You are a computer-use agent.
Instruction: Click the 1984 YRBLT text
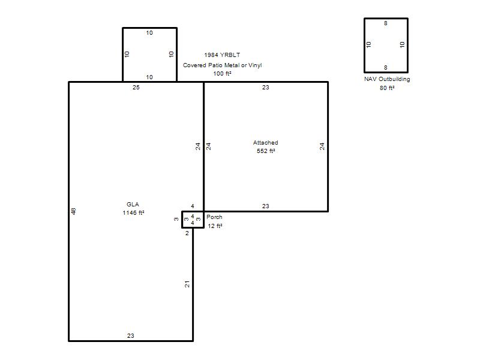pyautogui.click(x=222, y=55)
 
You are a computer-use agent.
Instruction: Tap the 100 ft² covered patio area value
pyautogui.click(x=222, y=73)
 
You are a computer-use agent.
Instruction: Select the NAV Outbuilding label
pyautogui.click(x=387, y=79)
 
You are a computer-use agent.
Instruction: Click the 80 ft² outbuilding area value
pyautogui.click(x=387, y=88)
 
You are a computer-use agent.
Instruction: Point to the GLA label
pyautogui.click(x=133, y=204)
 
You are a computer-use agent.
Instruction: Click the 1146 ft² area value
pyautogui.click(x=133, y=213)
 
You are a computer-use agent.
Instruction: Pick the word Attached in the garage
pyautogui.click(x=265, y=143)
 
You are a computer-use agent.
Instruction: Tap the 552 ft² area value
pyautogui.click(x=266, y=151)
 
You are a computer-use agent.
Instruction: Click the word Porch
pyautogui.click(x=214, y=217)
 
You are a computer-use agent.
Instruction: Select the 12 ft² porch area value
pyautogui.click(x=215, y=226)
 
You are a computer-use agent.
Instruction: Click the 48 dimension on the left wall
pyautogui.click(x=73, y=211)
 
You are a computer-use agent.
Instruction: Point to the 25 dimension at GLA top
pyautogui.click(x=136, y=88)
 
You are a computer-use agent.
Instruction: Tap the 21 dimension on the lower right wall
pyautogui.click(x=187, y=284)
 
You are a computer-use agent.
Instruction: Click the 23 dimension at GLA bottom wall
pyautogui.click(x=131, y=336)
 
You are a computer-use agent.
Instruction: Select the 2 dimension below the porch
pyautogui.click(x=187, y=233)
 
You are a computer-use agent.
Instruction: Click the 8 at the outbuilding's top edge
pyautogui.click(x=386, y=23)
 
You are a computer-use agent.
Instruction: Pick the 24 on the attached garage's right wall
pyautogui.click(x=322, y=146)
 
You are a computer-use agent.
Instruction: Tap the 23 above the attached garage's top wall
pyautogui.click(x=265, y=88)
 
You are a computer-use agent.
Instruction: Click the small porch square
pyautogui.click(x=182, y=220)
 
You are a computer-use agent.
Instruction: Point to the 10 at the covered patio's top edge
pyautogui.click(x=149, y=33)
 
